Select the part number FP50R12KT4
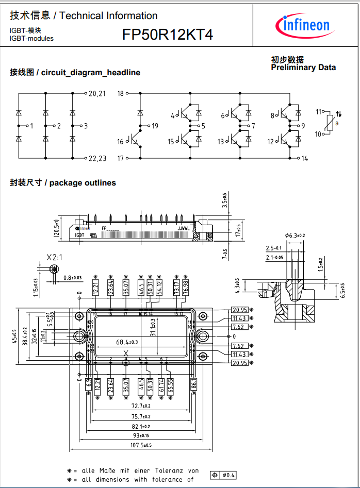point(168,35)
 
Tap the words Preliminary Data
point(303,68)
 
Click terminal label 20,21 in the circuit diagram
point(97,93)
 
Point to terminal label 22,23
point(97,158)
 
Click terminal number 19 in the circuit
point(155,126)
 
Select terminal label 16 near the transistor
point(120,142)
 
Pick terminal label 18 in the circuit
point(121,93)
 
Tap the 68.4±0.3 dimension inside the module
point(126,342)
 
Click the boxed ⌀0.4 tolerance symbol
point(223,475)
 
